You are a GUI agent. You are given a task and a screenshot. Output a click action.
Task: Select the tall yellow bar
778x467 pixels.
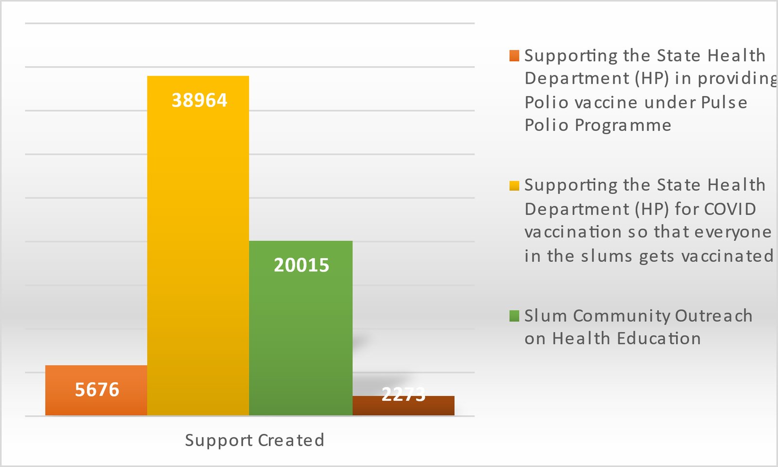(x=198, y=243)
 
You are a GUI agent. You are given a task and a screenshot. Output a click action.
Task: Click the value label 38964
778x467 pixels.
(x=199, y=101)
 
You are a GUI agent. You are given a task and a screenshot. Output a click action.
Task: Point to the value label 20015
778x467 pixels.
(x=301, y=265)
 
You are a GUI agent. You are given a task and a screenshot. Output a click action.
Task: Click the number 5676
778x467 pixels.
(x=97, y=390)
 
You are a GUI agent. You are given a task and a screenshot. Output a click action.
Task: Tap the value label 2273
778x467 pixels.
(x=403, y=394)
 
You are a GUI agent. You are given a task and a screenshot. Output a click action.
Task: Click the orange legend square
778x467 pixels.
(x=514, y=55)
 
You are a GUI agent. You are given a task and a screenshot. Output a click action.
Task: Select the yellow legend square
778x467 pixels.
(x=514, y=186)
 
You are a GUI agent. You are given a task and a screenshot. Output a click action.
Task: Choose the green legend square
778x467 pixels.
(x=514, y=316)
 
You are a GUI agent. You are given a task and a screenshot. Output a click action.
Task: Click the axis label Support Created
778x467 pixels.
(x=254, y=440)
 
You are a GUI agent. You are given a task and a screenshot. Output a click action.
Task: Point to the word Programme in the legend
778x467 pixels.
(x=623, y=125)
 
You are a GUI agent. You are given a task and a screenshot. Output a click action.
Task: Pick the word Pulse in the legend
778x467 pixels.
(x=724, y=103)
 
